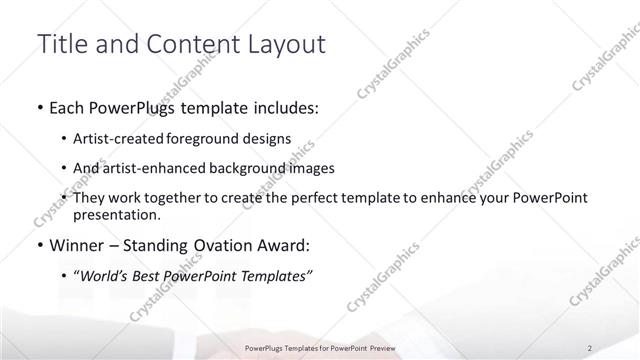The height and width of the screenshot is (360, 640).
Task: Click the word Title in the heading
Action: click(x=60, y=44)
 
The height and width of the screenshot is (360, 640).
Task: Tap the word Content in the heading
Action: click(x=180, y=44)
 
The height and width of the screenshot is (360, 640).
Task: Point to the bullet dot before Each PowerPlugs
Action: click(x=39, y=106)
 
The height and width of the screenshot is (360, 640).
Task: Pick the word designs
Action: click(x=271, y=139)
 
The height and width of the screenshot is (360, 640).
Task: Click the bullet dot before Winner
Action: click(x=39, y=243)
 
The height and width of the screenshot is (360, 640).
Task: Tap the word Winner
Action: click(x=77, y=243)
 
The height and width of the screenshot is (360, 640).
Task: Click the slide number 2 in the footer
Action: click(x=590, y=348)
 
